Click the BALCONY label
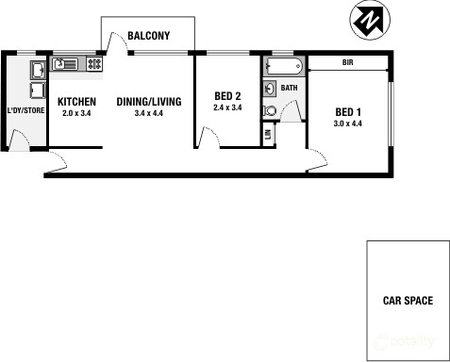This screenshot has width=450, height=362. pos(148,36)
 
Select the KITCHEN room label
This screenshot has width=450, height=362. pos(76,101)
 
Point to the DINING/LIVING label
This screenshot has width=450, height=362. pos(148,101)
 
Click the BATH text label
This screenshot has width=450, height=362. pos(289,89)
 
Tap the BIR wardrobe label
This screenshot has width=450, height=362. pos(347,63)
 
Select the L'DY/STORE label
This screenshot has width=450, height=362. pos(25,110)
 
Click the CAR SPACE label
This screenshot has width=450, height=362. pos(408,302)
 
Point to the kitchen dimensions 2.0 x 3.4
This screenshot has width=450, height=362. pos(76,113)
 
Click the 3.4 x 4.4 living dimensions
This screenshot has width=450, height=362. pos(149,113)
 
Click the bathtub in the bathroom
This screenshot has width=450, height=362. pos(283,66)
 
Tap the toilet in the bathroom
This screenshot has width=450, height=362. pos(270,109)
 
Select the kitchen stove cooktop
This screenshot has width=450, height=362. pos(94,64)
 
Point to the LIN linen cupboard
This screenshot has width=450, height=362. pos(268,135)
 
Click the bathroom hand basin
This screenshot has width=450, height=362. pos(269,89)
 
